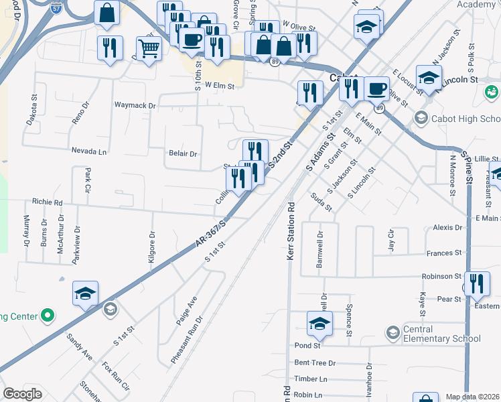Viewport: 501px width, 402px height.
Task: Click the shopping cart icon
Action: point(148,48)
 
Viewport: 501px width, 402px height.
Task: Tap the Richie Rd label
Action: point(47,202)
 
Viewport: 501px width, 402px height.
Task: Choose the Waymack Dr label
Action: point(135,105)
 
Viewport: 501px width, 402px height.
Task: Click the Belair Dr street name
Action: point(183,153)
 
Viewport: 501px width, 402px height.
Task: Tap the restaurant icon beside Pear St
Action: point(477,283)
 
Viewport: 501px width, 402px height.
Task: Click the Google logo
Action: point(22,394)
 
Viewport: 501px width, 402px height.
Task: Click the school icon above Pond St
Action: point(319,324)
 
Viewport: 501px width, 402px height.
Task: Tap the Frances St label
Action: point(443,253)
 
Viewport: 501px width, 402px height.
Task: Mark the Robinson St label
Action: point(441,276)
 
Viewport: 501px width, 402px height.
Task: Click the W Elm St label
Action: point(220,86)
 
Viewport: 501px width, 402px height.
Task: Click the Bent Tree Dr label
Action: point(315,362)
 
